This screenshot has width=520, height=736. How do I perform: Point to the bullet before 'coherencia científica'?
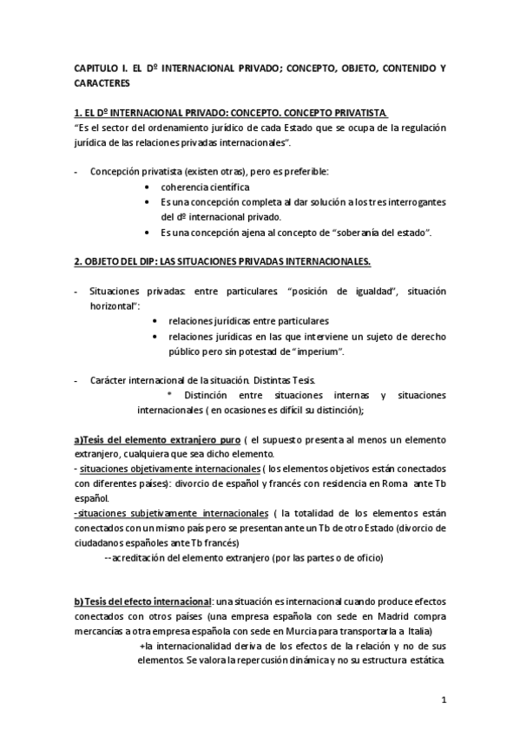tap(153, 187)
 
